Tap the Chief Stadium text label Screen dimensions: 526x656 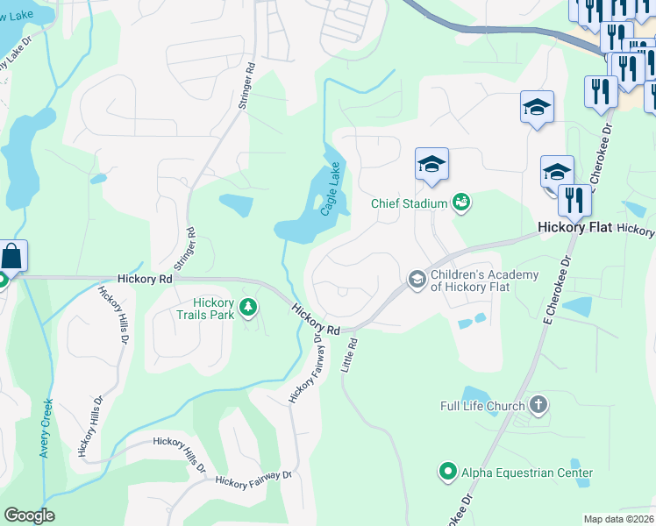(x=409, y=204)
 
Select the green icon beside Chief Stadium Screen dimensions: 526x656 (x=460, y=203)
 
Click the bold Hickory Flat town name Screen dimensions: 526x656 (x=574, y=228)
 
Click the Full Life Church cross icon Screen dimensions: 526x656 (x=538, y=406)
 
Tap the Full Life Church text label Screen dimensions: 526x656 (x=482, y=406)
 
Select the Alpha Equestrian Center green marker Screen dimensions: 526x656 (x=448, y=473)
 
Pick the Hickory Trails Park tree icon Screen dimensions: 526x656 (x=250, y=306)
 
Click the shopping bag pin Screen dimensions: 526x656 (x=12, y=256)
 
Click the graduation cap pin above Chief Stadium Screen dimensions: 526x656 (x=431, y=164)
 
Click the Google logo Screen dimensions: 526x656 (x=29, y=515)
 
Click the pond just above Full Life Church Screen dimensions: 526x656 (x=477, y=396)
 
